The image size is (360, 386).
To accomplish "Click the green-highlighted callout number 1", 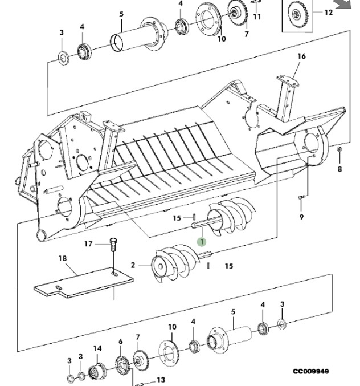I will [201, 242].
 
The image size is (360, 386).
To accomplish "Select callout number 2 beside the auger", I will [133, 265].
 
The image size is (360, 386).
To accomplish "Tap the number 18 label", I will [62, 258].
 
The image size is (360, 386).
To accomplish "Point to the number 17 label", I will [88, 244].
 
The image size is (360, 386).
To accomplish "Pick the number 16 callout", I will [301, 56].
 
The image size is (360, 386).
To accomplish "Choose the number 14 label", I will [97, 348].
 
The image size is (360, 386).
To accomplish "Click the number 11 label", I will [257, 17].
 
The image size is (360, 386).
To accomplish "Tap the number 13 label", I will [161, 380].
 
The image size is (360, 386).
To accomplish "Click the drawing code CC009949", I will [310, 371].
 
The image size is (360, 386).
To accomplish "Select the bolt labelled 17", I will [112, 246].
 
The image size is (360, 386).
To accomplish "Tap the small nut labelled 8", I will [339, 149].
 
